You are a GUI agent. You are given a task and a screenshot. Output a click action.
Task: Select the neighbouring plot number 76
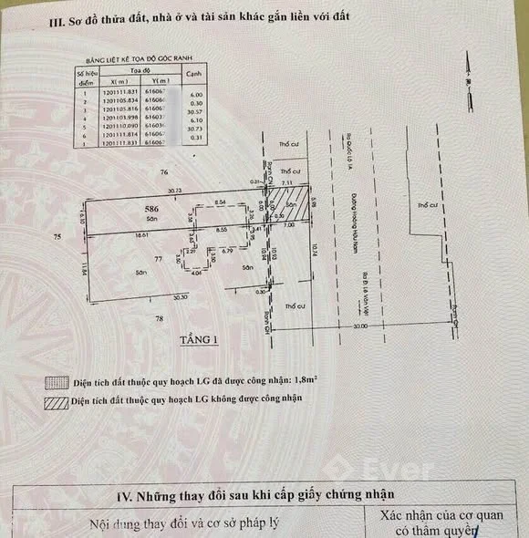tap(164, 171)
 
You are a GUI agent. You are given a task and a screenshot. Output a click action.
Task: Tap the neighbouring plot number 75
tap(57, 236)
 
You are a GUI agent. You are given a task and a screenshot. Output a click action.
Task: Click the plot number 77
tap(157, 261)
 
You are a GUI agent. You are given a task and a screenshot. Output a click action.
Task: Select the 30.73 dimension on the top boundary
tap(174, 191)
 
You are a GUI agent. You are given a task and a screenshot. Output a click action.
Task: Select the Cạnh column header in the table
tap(192, 74)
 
